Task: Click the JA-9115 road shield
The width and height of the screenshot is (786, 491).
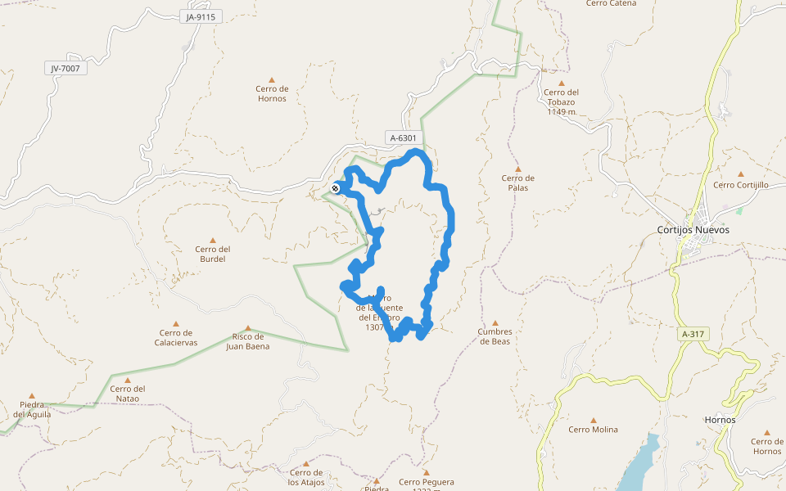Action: pyautogui.click(x=200, y=16)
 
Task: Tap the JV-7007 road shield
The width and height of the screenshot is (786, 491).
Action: pyautogui.click(x=65, y=69)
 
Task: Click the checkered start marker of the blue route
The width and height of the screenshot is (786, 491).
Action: pyautogui.click(x=336, y=189)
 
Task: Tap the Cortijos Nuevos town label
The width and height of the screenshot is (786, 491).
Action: pyautogui.click(x=693, y=229)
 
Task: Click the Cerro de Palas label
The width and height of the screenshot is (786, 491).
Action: pyautogui.click(x=517, y=182)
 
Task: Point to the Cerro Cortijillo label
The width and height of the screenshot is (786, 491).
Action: pyautogui.click(x=740, y=185)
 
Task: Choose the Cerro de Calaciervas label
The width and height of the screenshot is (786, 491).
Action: pyautogui.click(x=176, y=337)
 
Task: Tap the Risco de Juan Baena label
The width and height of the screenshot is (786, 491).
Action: pyautogui.click(x=247, y=341)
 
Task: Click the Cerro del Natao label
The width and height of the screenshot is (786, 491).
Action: pyautogui.click(x=127, y=394)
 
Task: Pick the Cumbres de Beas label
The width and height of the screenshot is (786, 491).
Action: pyautogui.click(x=494, y=336)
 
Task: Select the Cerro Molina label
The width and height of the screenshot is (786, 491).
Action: pyautogui.click(x=593, y=430)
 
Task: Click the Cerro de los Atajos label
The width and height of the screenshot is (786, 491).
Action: pyautogui.click(x=306, y=477)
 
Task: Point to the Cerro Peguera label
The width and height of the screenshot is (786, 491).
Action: pyautogui.click(x=426, y=482)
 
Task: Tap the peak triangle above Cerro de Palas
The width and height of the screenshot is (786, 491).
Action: pyautogui.click(x=517, y=169)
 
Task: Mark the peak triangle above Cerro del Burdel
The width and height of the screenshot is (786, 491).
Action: pyautogui.click(x=213, y=240)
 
